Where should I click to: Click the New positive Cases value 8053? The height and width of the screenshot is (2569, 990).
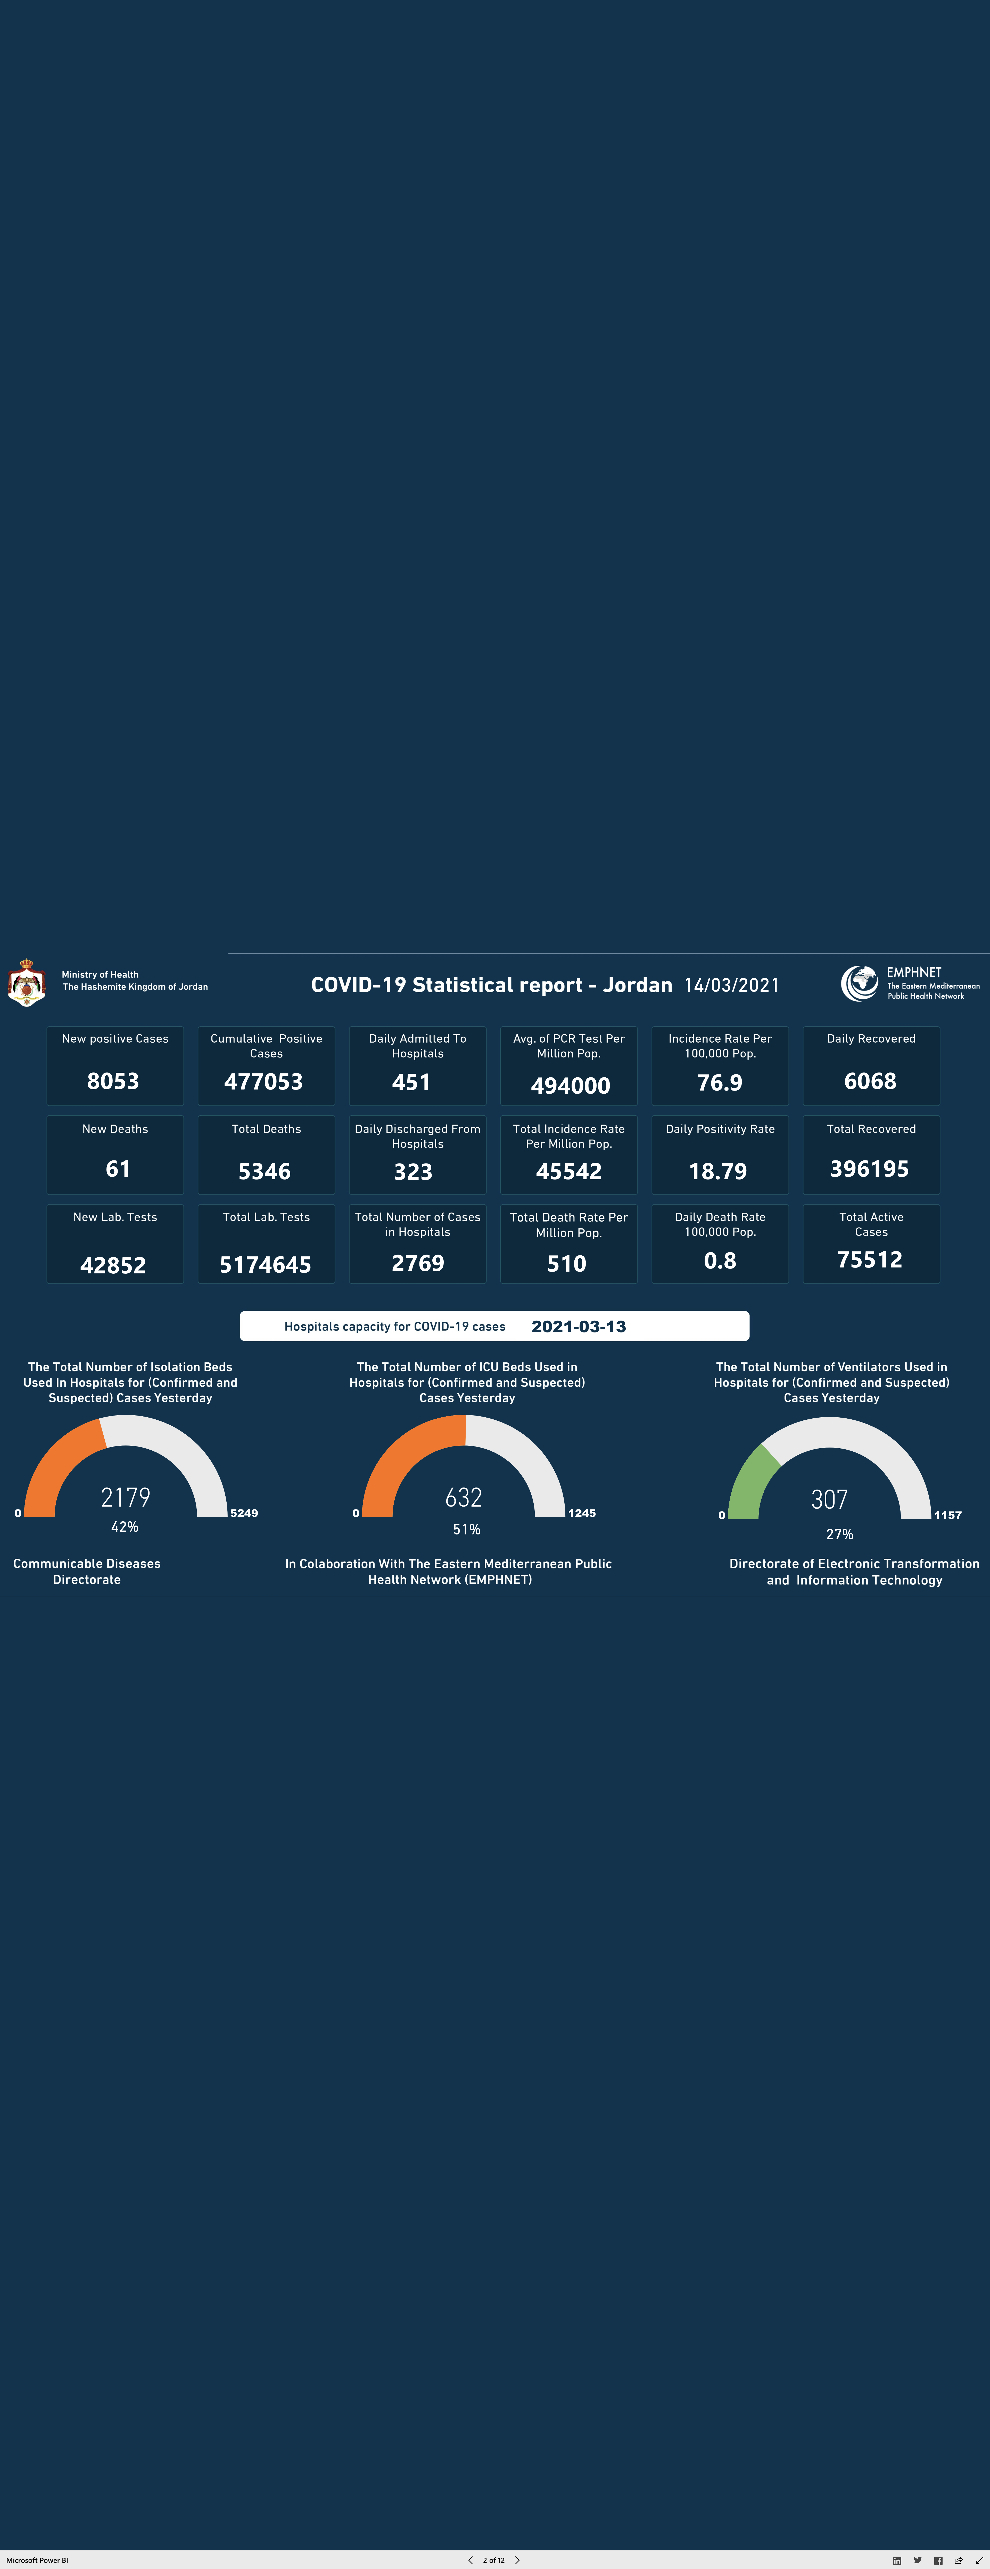[113, 1081]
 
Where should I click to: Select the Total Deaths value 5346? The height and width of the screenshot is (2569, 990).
[264, 1172]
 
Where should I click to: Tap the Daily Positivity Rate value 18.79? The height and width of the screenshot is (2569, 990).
[718, 1172]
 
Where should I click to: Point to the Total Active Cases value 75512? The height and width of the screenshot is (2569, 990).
[869, 1259]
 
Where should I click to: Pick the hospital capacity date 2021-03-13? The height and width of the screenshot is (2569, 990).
[578, 1326]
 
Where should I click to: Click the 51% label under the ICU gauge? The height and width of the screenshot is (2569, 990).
[467, 1529]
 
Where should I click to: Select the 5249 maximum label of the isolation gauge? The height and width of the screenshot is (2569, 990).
[244, 1513]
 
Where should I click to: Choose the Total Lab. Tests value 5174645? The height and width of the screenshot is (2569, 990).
[265, 1265]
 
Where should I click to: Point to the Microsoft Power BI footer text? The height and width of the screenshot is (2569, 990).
[37, 2560]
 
